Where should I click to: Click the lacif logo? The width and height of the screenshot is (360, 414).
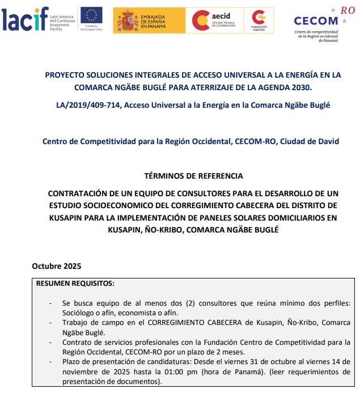point(25,19)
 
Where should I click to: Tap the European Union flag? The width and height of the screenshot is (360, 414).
point(91,15)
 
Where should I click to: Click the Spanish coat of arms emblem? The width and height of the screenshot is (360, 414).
point(128,20)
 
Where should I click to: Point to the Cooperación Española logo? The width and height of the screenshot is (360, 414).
point(259,20)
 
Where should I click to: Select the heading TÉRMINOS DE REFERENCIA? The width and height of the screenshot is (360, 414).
point(194,176)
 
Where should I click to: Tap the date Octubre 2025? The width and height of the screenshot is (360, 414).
point(57,266)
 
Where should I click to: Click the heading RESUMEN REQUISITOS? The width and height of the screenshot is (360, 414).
point(75,282)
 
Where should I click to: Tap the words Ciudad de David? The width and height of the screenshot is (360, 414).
point(310,141)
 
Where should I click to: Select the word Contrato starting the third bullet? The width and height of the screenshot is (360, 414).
point(78,342)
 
